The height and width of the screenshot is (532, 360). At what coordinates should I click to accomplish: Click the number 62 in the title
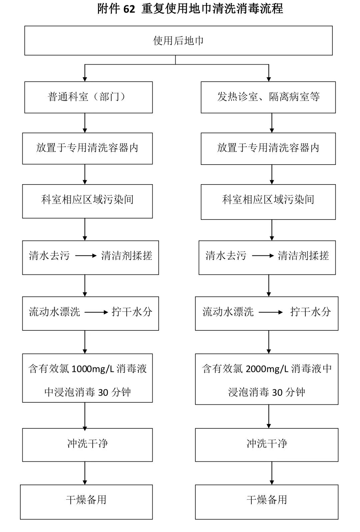(129, 9)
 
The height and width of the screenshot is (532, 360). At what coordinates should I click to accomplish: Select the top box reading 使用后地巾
(178, 41)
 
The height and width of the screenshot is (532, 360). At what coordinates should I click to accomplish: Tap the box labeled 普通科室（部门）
(88, 97)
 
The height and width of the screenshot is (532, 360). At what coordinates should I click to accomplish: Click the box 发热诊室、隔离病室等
(268, 97)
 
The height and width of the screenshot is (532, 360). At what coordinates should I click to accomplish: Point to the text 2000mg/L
(267, 369)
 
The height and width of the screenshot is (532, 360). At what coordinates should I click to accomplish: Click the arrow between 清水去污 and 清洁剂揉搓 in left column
(86, 256)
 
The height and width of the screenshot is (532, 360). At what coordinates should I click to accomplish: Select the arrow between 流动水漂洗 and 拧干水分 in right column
(271, 312)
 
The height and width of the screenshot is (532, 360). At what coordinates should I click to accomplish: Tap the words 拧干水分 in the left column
(132, 312)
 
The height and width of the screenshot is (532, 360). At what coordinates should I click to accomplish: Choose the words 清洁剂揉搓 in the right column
(303, 256)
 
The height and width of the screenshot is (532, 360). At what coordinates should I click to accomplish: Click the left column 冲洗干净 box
(87, 444)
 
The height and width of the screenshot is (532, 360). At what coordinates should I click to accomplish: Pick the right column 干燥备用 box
(267, 501)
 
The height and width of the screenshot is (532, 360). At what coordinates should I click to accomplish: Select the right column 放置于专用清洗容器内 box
(268, 149)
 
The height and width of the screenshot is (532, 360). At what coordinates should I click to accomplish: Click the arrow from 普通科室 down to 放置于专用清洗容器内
(85, 123)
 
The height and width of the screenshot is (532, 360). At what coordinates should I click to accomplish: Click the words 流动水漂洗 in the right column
(228, 312)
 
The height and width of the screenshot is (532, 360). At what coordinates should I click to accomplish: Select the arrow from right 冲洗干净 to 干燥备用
(272, 473)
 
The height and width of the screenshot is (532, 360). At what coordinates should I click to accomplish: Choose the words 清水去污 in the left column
(49, 256)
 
